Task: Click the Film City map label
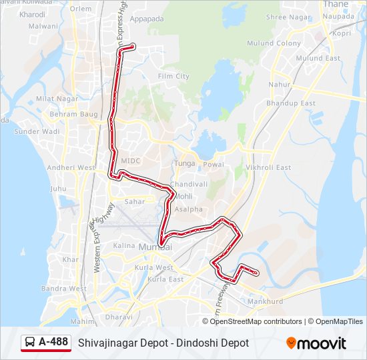click(x=173, y=76)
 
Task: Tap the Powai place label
click(x=214, y=163)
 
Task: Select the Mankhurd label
click(x=266, y=301)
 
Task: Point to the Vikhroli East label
click(x=268, y=167)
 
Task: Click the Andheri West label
click(x=71, y=167)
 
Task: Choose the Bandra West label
click(x=63, y=289)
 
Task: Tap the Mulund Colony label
click(x=279, y=43)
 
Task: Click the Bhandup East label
click(x=290, y=103)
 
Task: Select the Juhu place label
click(x=58, y=189)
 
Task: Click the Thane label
click(x=335, y=4)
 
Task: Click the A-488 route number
click(x=53, y=342)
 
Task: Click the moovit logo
click(x=316, y=343)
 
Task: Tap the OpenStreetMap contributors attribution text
click(x=256, y=321)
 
